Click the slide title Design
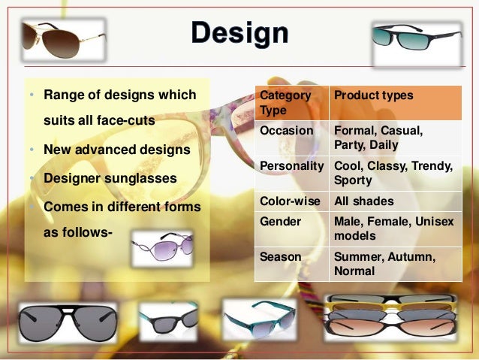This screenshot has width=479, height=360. click(239, 32)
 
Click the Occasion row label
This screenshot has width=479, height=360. click(287, 131)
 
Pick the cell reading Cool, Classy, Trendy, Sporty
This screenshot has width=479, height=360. click(393, 173)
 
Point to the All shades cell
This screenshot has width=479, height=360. click(363, 201)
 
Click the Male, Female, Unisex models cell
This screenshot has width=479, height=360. click(393, 228)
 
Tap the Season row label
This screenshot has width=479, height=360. click(280, 256)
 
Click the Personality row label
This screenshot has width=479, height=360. click(291, 165)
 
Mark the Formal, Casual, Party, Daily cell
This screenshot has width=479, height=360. click(378, 138)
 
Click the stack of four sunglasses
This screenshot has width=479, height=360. click(391, 316)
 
